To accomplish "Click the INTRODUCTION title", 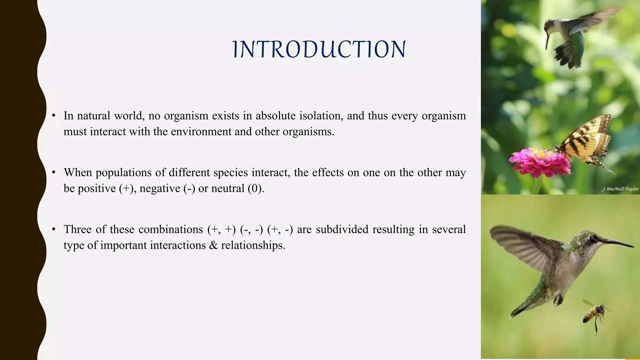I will coord(319,49).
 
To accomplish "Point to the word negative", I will coord(160,188).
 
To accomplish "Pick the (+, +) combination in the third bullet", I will coord(221,230).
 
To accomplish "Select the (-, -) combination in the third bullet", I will coord(251,230).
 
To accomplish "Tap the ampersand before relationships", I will coord(213,245).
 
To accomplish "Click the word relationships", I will coord(253,245).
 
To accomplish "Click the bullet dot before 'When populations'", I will coord(54,172).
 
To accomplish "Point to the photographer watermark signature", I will coord(620,189).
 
